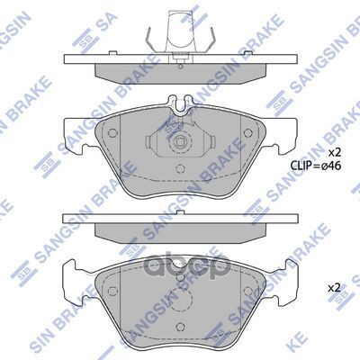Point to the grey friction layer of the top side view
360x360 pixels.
point(179,70)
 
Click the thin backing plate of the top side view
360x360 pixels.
point(179,59)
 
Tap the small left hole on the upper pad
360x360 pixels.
point(112,135)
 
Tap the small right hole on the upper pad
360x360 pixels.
point(245,135)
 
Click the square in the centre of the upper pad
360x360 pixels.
point(179,139)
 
